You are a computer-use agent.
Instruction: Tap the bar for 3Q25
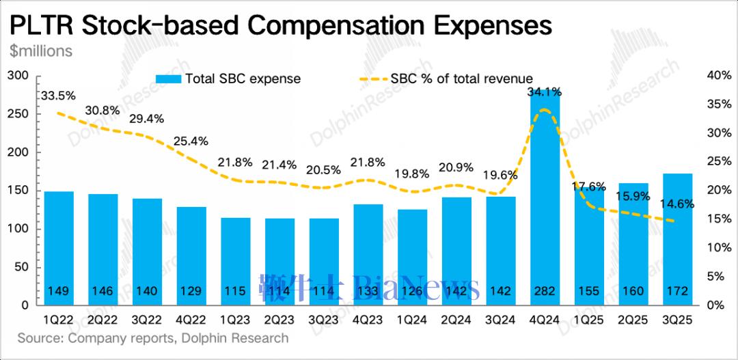[678, 238]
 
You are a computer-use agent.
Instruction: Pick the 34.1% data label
[544, 91]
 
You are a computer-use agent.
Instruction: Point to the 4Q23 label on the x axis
[368, 320]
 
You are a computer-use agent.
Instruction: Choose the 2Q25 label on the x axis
[633, 320]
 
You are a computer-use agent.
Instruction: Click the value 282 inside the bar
[545, 292]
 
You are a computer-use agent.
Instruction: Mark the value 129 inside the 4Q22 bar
[191, 292]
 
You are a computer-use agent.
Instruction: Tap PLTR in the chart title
[38, 25]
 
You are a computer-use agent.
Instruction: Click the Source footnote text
[153, 338]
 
